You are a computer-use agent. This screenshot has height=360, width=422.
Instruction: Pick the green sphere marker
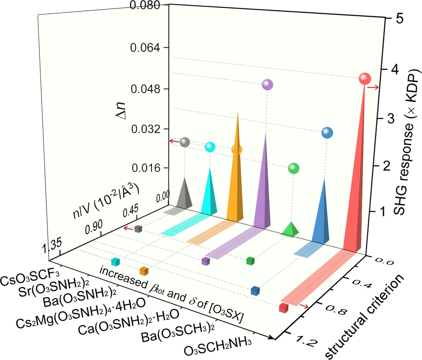pos(294,169)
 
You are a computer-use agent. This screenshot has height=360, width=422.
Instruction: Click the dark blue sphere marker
pos(327,133)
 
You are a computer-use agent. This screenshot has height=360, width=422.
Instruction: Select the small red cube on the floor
pos(284,308)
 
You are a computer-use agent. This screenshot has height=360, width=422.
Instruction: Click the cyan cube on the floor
pos(115,262)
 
